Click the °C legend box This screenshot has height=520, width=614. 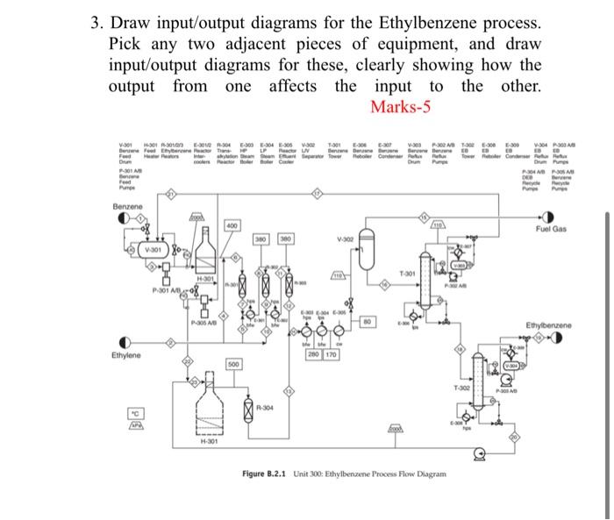(x=136, y=412)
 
